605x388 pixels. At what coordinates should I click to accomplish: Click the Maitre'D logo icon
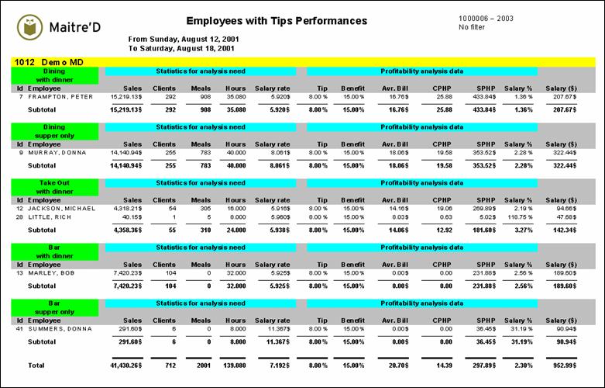[x=28, y=28]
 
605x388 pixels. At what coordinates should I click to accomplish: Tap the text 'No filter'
[x=472, y=27]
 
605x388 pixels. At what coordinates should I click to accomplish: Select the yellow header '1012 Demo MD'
[x=48, y=61]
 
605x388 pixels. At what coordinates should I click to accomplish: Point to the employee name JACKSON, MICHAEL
[x=60, y=209]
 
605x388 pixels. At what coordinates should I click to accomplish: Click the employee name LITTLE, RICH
[x=51, y=217]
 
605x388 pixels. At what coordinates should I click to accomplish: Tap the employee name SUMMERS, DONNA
[x=59, y=329]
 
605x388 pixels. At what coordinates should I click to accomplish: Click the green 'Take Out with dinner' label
[x=54, y=186]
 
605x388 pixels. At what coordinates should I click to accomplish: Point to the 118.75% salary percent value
[x=517, y=217]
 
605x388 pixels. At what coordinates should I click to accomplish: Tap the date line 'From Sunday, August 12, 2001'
[x=183, y=39]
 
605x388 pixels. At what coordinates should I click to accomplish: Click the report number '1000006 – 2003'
[x=485, y=18]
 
